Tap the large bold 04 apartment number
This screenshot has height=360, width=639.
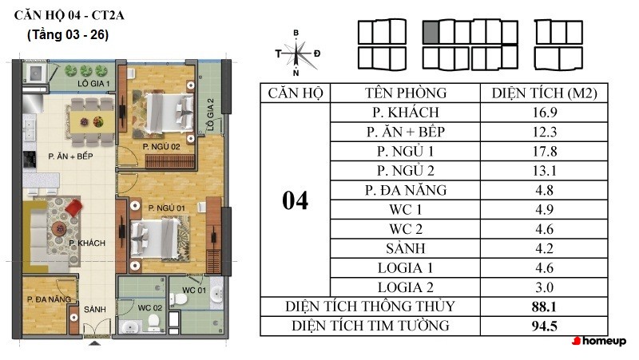coord(295,200)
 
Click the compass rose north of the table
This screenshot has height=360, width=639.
coord(297,53)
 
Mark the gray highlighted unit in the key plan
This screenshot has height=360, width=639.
coord(430,32)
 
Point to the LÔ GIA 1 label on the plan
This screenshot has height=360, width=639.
coord(93,83)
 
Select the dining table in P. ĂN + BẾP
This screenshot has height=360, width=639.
coord(89,121)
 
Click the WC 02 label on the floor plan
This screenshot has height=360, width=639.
coord(150,307)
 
